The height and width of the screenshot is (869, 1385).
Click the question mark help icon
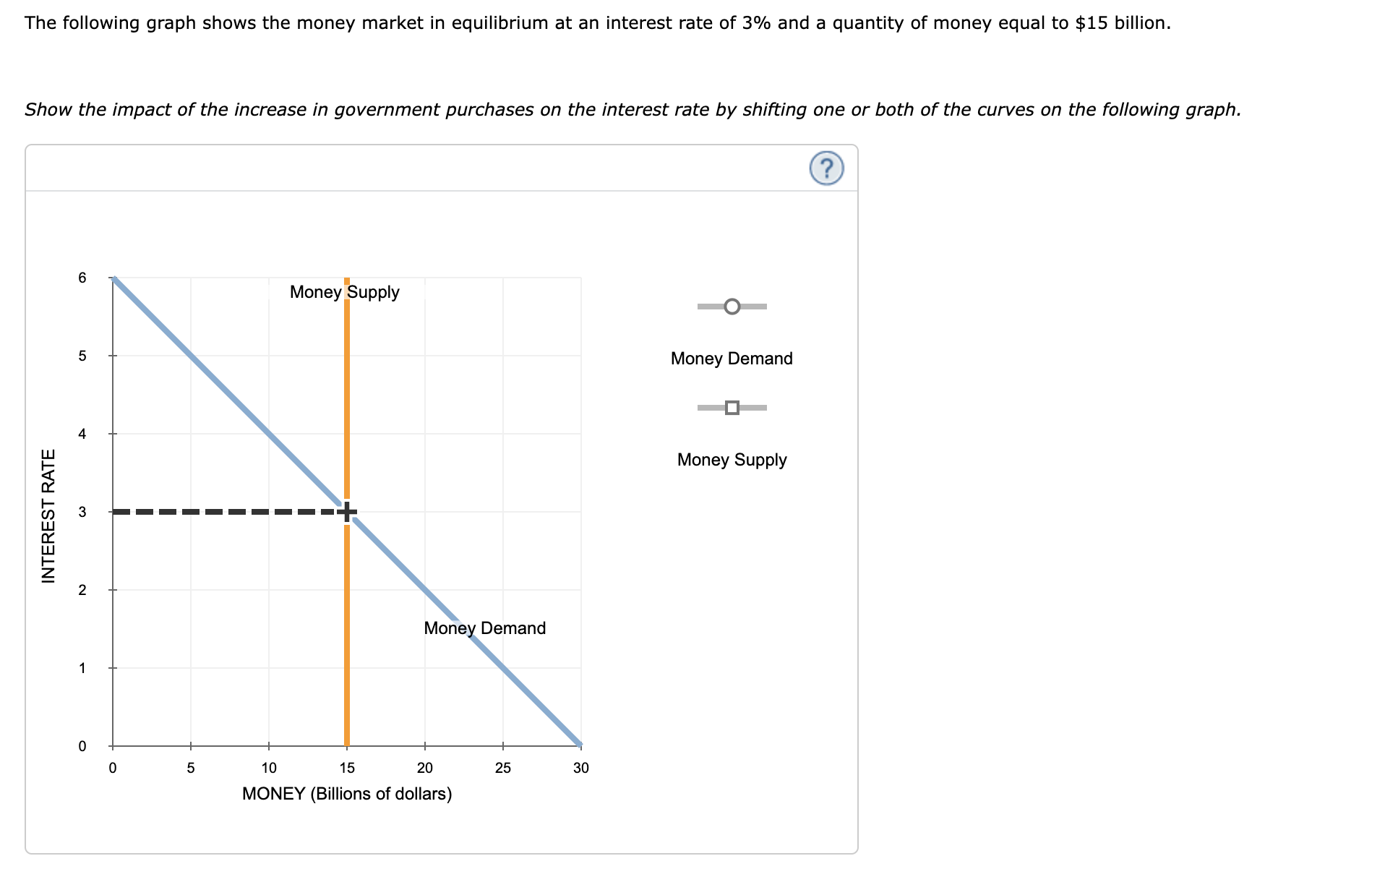[826, 168]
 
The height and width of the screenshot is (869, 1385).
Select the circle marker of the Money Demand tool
[732, 307]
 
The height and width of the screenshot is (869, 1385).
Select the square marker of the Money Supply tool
[732, 408]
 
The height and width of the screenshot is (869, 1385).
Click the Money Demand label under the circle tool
[732, 359]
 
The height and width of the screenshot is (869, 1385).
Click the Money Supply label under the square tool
[732, 460]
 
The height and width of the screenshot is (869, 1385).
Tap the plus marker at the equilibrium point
[347, 512]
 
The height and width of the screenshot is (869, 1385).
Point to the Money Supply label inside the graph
[344, 292]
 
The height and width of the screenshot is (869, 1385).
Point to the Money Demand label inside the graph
[484, 628]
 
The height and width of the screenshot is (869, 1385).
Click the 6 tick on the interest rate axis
[82, 278]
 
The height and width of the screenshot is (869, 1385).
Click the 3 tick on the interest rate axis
[82, 512]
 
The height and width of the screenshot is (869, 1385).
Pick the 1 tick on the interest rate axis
[82, 668]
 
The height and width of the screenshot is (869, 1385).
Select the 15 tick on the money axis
[347, 769]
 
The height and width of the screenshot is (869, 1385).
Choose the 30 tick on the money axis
[580, 769]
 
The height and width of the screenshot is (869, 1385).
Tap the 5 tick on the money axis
[191, 769]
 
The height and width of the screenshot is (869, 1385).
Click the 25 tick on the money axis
[502, 769]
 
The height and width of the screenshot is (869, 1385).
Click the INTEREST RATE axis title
[48, 515]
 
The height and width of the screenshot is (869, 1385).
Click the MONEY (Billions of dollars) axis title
[347, 794]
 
